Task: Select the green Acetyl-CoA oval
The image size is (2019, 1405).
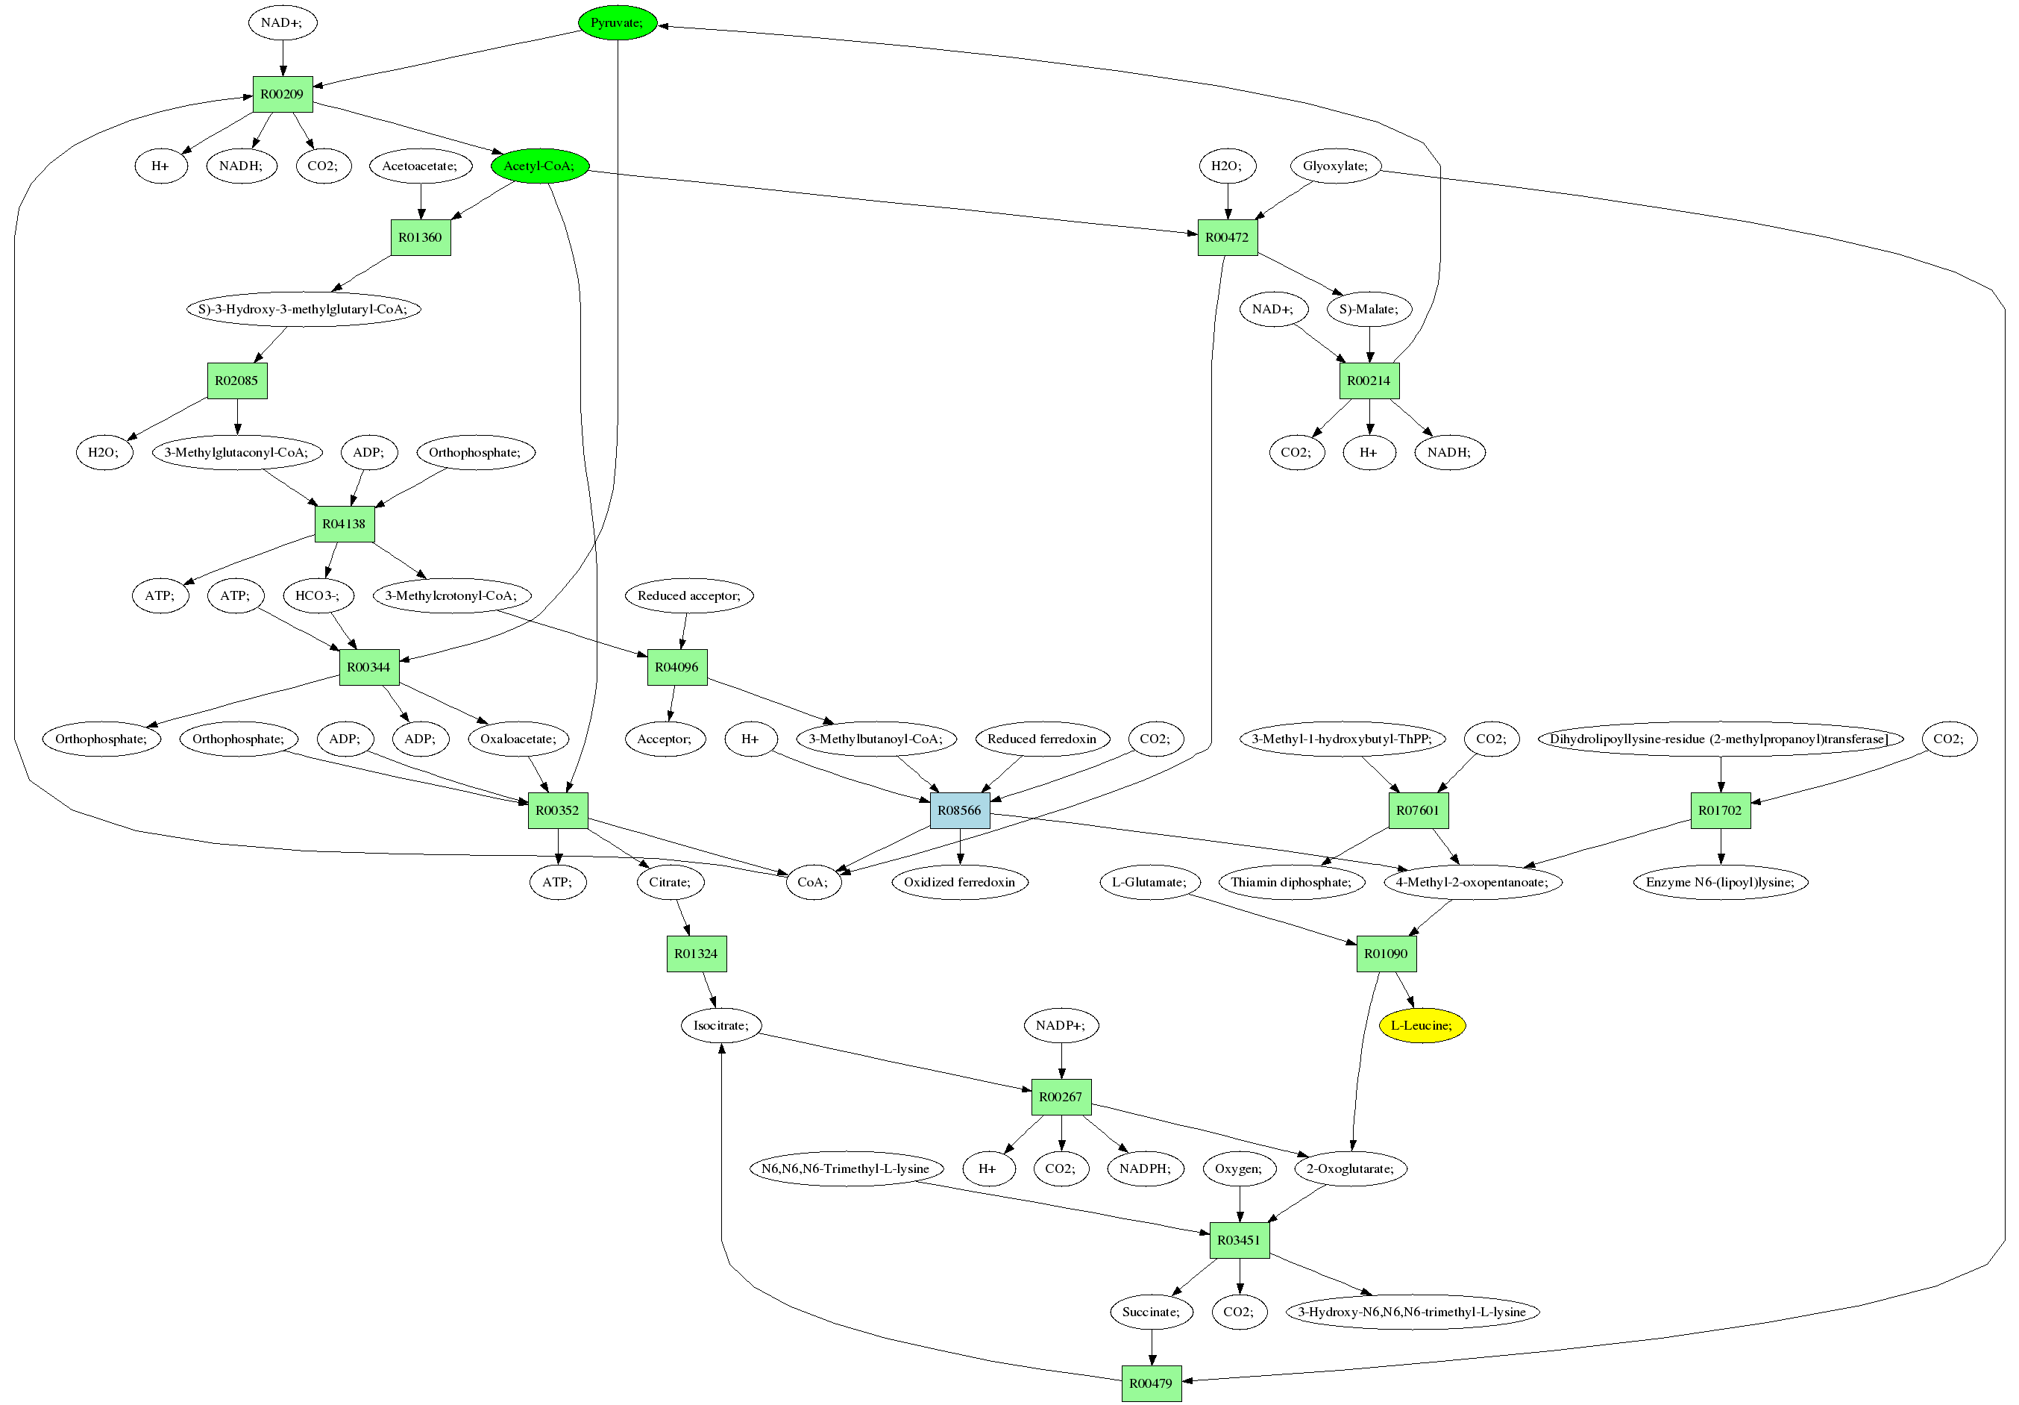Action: [539, 166]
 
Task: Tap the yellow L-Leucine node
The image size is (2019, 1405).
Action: [1421, 1025]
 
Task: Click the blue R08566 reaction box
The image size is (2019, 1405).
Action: [959, 810]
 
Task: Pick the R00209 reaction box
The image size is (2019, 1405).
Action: [282, 94]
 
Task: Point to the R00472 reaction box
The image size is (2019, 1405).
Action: [1227, 237]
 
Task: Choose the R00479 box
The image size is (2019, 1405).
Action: [1151, 1383]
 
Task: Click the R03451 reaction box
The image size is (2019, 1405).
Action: [1239, 1239]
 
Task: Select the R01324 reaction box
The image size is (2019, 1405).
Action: [697, 954]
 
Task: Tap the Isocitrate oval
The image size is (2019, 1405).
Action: [721, 1025]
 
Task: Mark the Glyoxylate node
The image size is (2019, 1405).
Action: [1335, 166]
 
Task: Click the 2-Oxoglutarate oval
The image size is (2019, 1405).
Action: [1350, 1168]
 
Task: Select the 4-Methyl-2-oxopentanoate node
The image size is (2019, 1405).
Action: [1473, 881]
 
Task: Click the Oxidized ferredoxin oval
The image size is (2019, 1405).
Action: [959, 881]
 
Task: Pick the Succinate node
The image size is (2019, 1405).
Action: [1151, 1312]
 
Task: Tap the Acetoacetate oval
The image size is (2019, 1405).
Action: [419, 166]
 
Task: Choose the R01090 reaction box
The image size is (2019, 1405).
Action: [1386, 954]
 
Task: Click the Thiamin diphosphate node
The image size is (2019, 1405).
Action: [1291, 881]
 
